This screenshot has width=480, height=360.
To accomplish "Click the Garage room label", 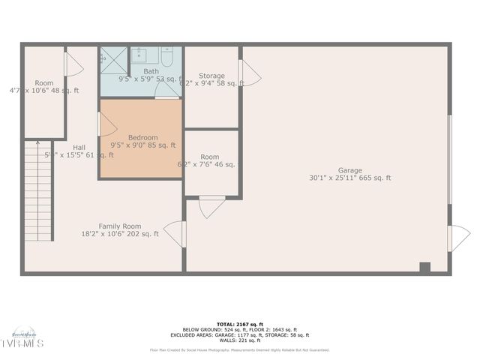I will (349, 170).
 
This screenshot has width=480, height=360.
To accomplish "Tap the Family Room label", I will (120, 226).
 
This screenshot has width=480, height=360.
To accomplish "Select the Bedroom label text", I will (142, 137).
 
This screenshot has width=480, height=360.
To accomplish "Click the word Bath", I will (151, 71).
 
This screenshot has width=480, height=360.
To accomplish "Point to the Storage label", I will (211, 76).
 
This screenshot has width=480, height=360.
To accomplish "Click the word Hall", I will (79, 147).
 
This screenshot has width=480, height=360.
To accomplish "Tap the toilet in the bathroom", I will (167, 55).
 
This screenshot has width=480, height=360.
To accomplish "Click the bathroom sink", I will (140, 54).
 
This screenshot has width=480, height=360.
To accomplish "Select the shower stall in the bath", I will (113, 60).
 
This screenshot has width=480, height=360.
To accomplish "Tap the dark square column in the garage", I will (425, 267).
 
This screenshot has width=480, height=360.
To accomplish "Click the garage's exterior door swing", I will (457, 238).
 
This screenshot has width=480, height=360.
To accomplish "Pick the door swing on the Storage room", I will (248, 73).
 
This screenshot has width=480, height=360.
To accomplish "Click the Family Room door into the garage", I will (175, 233).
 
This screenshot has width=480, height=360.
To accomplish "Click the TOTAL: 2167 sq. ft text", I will (239, 324).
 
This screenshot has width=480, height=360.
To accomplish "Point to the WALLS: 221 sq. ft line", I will (239, 340).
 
